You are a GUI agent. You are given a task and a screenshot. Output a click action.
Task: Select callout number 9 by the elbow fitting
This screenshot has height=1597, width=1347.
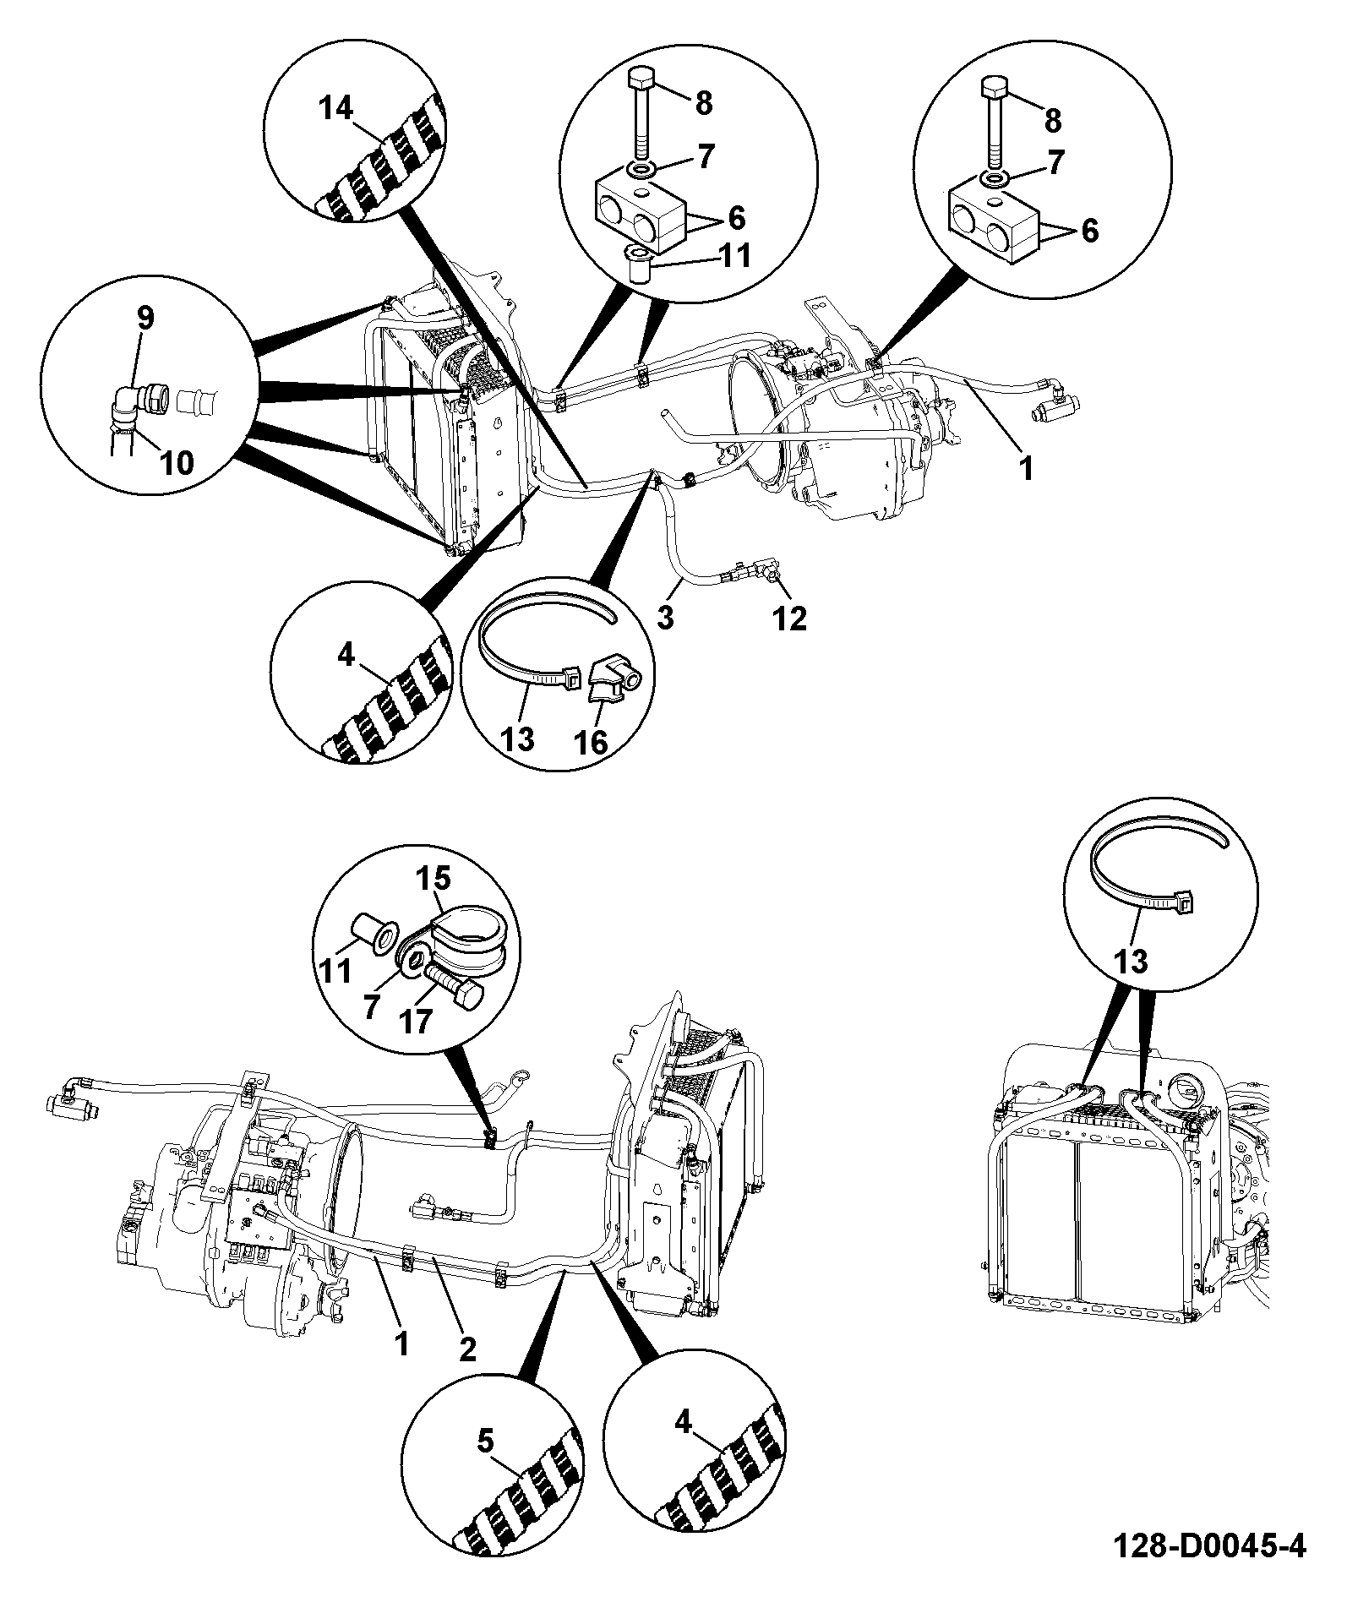(x=145, y=318)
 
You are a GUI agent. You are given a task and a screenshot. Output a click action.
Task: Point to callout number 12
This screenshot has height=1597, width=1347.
(x=789, y=619)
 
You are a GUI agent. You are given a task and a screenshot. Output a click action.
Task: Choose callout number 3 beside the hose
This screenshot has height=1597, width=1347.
(x=665, y=617)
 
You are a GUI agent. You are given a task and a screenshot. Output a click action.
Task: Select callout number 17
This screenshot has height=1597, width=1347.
(x=416, y=1022)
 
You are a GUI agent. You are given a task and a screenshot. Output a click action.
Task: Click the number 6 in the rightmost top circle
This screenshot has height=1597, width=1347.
(x=1089, y=230)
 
